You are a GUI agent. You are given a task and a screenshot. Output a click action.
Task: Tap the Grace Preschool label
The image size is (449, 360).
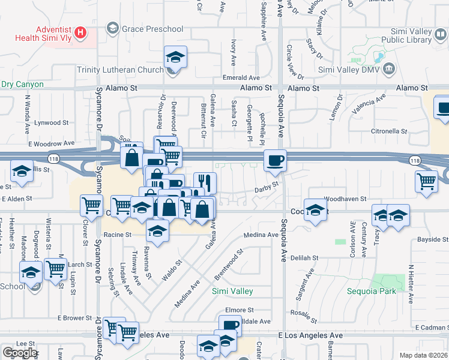[x=152, y=28]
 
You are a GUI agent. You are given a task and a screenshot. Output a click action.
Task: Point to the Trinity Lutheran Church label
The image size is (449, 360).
[x=120, y=69]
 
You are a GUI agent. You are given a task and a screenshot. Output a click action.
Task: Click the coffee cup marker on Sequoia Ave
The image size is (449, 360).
[x=276, y=160]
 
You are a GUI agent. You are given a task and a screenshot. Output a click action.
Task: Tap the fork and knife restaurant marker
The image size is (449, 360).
[x=205, y=182]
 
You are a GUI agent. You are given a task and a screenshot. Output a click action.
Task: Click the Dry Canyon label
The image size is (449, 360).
[x=22, y=84]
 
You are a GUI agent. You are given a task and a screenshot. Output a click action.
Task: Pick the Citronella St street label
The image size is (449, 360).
[x=389, y=131]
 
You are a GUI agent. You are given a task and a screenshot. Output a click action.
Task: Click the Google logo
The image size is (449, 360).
[x=20, y=353]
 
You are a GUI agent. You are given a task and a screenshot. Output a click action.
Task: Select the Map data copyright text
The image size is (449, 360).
[x=423, y=355]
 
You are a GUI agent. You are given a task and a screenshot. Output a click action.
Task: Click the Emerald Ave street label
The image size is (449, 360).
[x=241, y=77]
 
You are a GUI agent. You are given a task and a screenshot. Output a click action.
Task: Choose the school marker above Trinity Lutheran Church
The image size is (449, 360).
[x=175, y=58]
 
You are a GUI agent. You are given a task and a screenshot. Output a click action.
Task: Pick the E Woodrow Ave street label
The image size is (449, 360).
[x=50, y=144]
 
